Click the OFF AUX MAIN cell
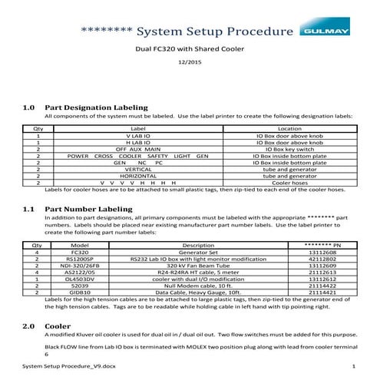139,148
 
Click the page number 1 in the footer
352,369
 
